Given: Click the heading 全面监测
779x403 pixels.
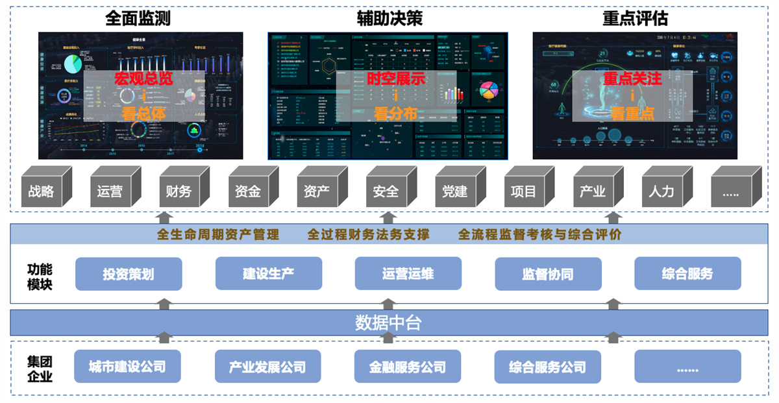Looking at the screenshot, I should (x=138, y=18).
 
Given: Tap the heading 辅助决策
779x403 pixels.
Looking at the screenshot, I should (x=389, y=18).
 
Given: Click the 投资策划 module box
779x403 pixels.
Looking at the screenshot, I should (x=129, y=274).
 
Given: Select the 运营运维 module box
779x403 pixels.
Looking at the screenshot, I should (x=408, y=274).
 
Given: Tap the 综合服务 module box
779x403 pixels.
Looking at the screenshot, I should (x=687, y=274).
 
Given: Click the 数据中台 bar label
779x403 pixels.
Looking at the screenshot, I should (x=389, y=323).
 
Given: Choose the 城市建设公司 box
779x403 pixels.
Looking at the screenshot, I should (x=127, y=367).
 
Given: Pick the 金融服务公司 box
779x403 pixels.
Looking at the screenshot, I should (x=407, y=367).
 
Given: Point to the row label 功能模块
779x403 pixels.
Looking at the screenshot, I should (x=40, y=276).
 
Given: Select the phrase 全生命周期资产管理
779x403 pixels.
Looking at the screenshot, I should (x=218, y=235).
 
